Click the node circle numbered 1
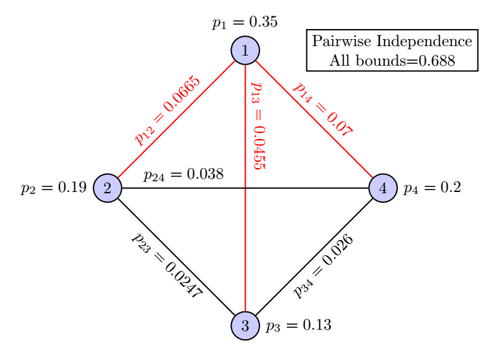coord(245,51)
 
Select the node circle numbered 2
coord(107,188)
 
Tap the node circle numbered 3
coord(245,326)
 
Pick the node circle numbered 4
coord(383,188)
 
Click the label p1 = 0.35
coord(244,23)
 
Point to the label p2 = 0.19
coord(53,188)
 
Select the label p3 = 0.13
coord(299,326)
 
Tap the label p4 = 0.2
coord(432,188)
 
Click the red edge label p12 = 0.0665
coord(167,111)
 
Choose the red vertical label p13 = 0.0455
coord(258,125)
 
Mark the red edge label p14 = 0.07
coord(323,109)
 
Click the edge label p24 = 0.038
coord(183,174)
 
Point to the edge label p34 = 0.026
coord(323,266)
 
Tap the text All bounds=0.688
coord(392,61)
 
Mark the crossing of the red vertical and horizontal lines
coord(245,188)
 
